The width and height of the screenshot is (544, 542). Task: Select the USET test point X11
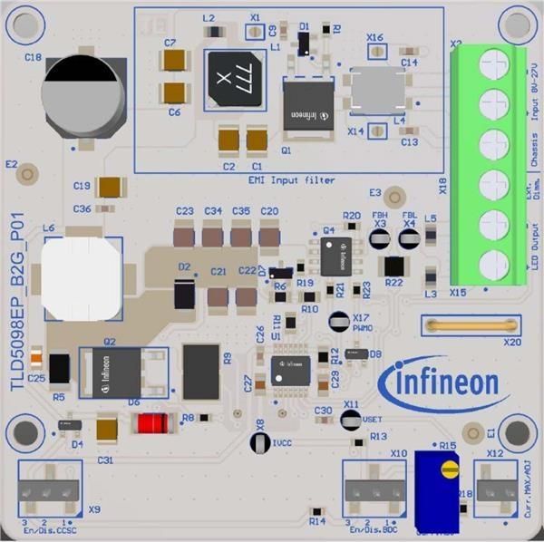(x=351, y=419)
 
